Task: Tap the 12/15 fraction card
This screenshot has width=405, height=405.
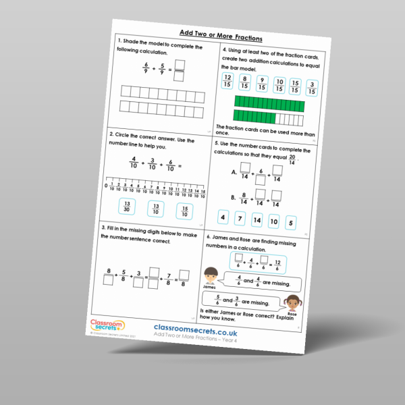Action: pyautogui.click(x=227, y=82)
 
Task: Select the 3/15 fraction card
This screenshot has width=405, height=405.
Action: pyautogui.click(x=312, y=88)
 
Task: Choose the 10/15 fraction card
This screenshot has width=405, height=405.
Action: pyautogui.click(x=279, y=85)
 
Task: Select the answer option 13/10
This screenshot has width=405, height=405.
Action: pyautogui.click(x=155, y=209)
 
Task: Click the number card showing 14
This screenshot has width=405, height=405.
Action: pyautogui.click(x=255, y=219)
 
